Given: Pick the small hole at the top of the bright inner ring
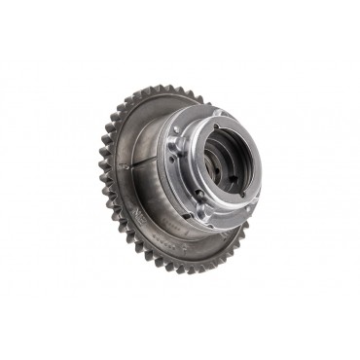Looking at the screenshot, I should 219,125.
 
